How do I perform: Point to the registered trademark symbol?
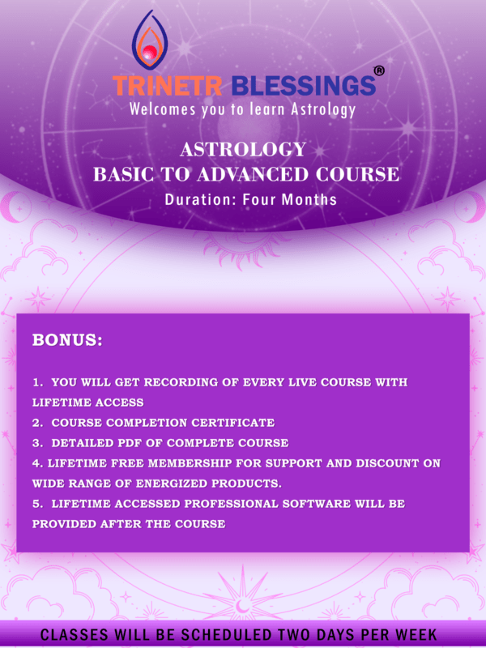click(379, 71)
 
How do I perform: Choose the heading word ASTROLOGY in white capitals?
click(243, 150)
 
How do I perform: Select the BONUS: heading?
click(67, 340)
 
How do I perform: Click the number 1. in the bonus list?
click(37, 382)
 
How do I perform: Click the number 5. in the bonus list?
click(37, 504)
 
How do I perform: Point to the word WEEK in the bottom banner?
click(411, 634)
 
